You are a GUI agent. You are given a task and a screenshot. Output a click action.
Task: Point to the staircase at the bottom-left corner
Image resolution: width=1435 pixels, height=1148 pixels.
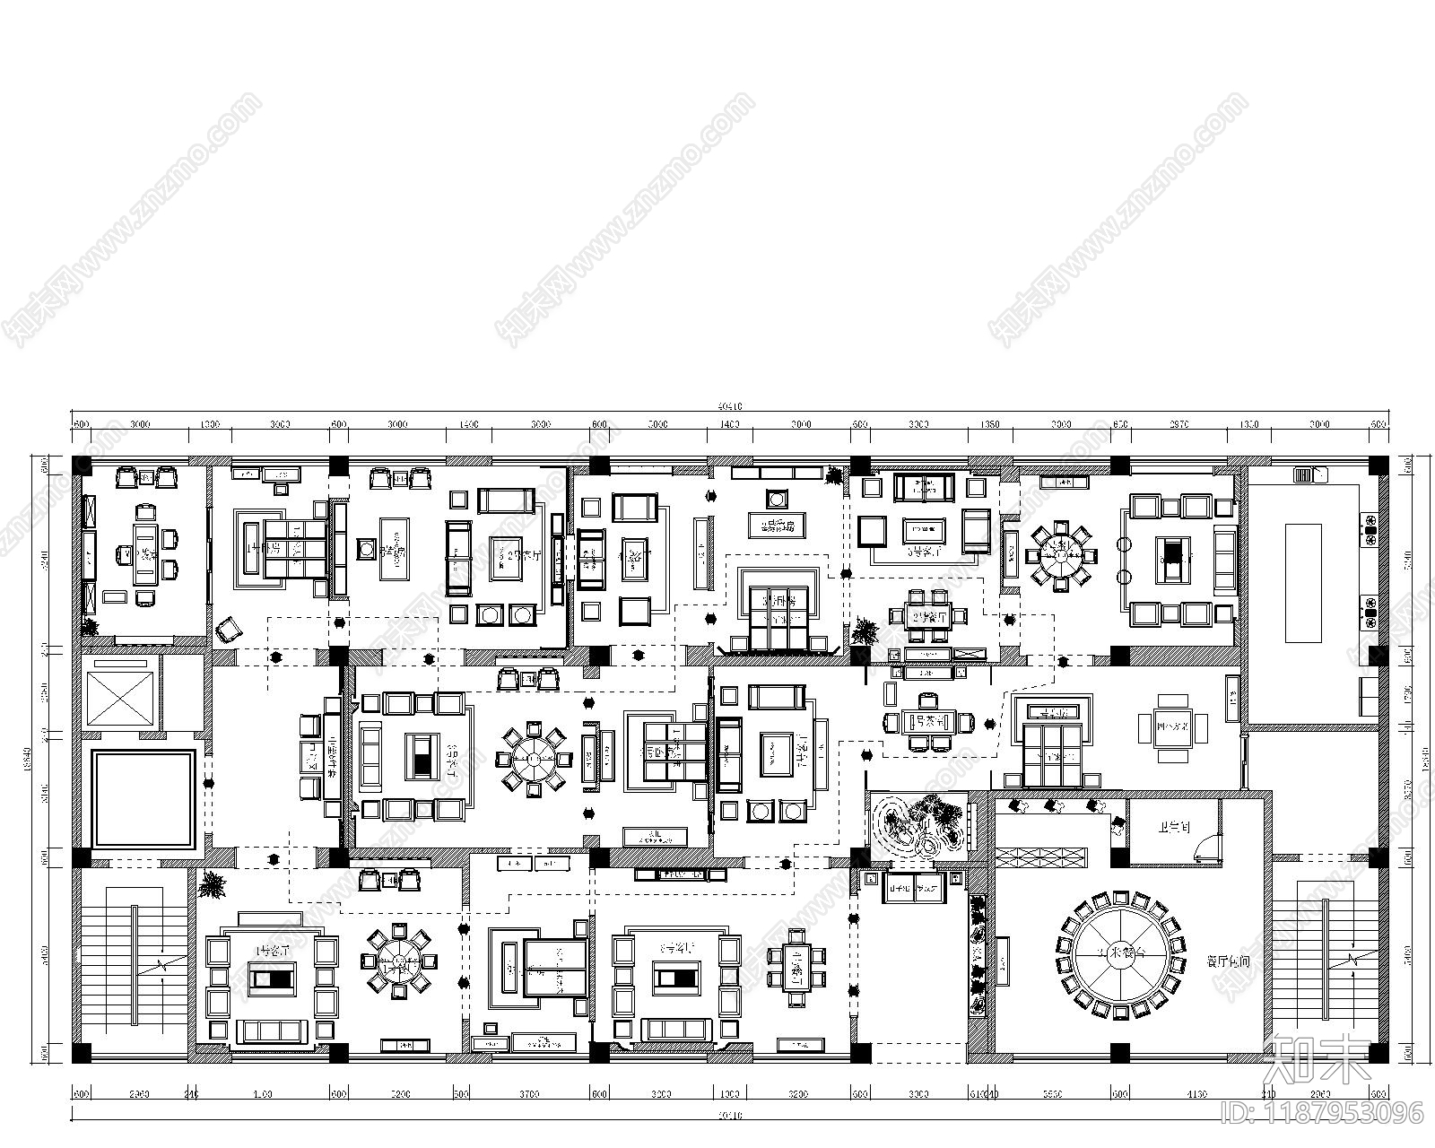click(x=135, y=964)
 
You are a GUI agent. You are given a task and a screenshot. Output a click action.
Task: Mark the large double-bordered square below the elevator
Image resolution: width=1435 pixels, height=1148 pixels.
click(x=143, y=799)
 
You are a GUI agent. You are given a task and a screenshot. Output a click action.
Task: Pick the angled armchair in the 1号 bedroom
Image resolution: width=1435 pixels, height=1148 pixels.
click(x=228, y=629)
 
